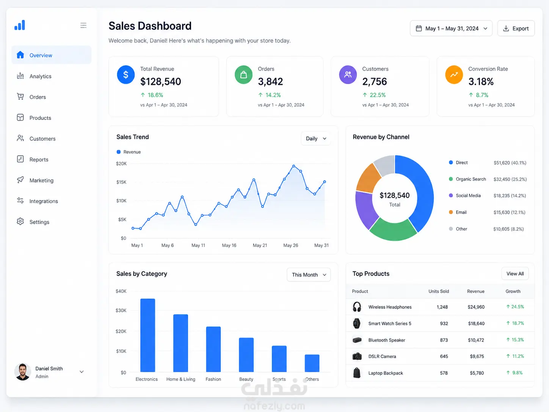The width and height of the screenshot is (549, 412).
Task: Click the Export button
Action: pyautogui.click(x=516, y=28)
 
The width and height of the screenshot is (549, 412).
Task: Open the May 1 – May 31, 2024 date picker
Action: pyautogui.click(x=451, y=28)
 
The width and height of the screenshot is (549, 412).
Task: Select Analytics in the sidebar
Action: pyautogui.click(x=40, y=76)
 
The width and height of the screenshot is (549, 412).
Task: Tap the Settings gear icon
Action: pyautogui.click(x=20, y=222)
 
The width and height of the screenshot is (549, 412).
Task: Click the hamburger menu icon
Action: pyautogui.click(x=83, y=25)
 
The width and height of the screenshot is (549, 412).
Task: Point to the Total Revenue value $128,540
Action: pyautogui.click(x=161, y=82)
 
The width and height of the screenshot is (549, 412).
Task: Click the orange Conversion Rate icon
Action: pyautogui.click(x=454, y=74)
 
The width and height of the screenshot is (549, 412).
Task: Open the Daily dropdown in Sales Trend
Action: pyautogui.click(x=316, y=138)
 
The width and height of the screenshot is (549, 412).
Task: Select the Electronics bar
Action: pyautogui.click(x=147, y=335)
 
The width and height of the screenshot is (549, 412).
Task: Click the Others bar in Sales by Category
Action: pyautogui.click(x=312, y=363)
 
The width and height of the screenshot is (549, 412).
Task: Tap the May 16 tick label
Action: pyautogui.click(x=229, y=245)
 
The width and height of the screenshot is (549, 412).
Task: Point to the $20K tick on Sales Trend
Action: pyautogui.click(x=121, y=164)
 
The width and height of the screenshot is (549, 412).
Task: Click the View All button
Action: pyautogui.click(x=515, y=274)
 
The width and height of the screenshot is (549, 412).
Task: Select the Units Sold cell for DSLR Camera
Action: pyautogui.click(x=444, y=356)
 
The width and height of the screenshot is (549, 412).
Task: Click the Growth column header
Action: pyautogui.click(x=513, y=291)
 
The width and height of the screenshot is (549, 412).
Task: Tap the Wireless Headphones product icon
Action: pyautogui.click(x=357, y=307)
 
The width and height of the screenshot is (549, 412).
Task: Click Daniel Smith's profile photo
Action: pyautogui.click(x=22, y=372)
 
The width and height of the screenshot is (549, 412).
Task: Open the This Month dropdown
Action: pyautogui.click(x=309, y=275)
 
